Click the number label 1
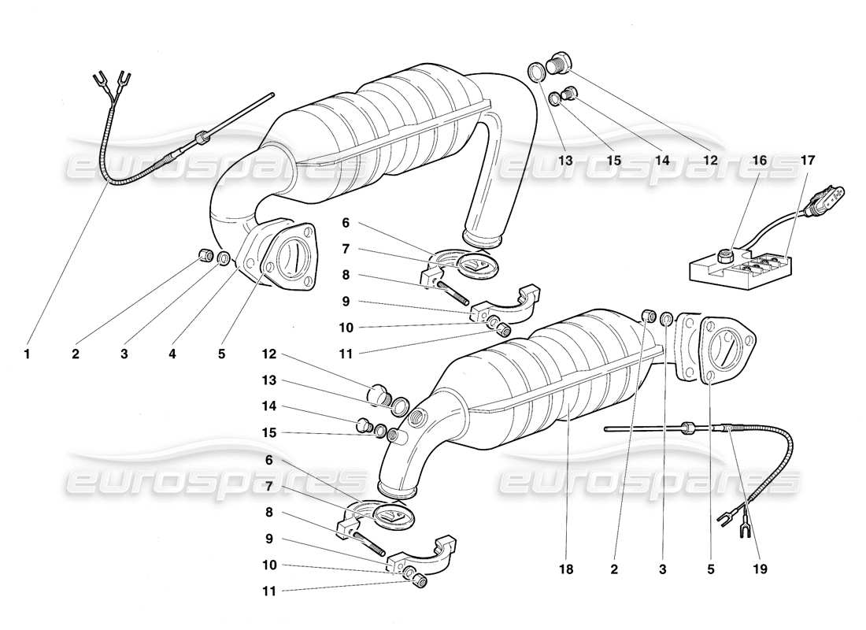coord(27,354)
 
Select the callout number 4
coord(172,354)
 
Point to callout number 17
coord(807,160)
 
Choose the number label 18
coord(565,567)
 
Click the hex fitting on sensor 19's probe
coord(687,428)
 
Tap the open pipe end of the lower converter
coord(395,489)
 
